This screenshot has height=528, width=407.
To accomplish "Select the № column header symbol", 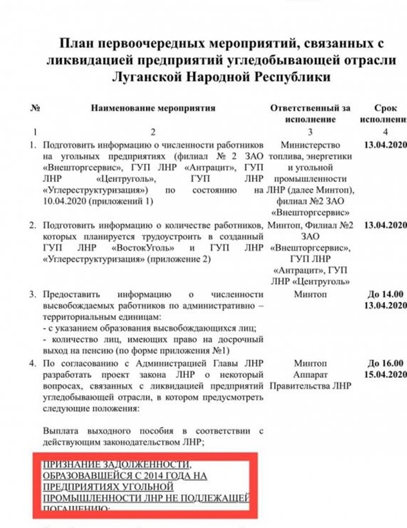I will tap(33, 107).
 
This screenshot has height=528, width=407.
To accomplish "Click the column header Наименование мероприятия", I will tap(153, 107).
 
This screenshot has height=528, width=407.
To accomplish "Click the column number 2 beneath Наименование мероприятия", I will tap(153, 131).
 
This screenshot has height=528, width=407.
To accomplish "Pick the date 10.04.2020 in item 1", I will tap(64, 201).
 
